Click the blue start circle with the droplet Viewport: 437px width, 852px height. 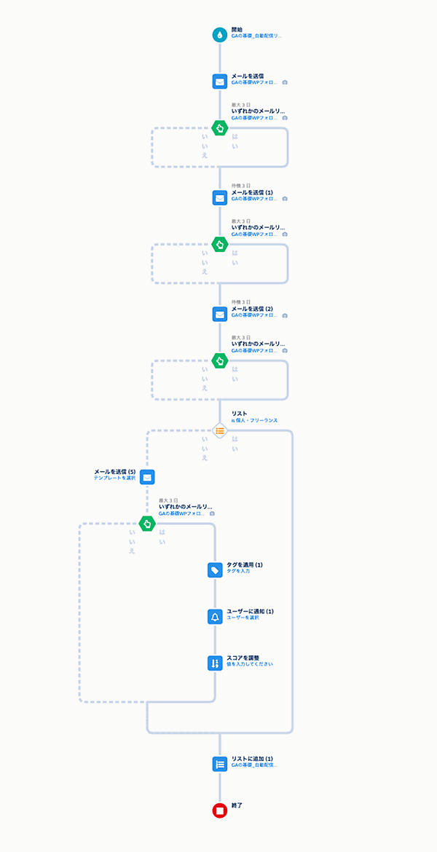[219, 34]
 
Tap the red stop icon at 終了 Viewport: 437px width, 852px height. [219, 810]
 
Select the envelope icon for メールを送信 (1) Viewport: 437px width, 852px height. [219, 197]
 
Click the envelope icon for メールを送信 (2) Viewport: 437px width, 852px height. [219, 314]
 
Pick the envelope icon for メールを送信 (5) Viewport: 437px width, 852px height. [147, 477]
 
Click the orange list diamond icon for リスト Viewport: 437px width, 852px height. [219, 430]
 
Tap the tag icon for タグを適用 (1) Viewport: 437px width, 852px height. [215, 570]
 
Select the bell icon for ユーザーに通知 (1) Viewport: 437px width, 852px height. [215, 617]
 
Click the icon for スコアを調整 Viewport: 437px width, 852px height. [215, 663]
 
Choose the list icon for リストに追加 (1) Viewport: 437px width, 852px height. [219, 764]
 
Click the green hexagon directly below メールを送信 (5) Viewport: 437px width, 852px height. [147, 523]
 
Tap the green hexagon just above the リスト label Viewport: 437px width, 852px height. [219, 360]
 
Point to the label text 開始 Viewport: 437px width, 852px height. [238, 29]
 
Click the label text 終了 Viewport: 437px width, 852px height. [238, 805]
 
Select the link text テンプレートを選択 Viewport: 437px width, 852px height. [115, 478]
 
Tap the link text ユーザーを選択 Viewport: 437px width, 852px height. [243, 618]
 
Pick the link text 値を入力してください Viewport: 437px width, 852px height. [250, 664]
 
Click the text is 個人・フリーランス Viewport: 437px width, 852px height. [254, 420]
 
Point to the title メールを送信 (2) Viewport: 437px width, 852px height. [252, 309]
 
